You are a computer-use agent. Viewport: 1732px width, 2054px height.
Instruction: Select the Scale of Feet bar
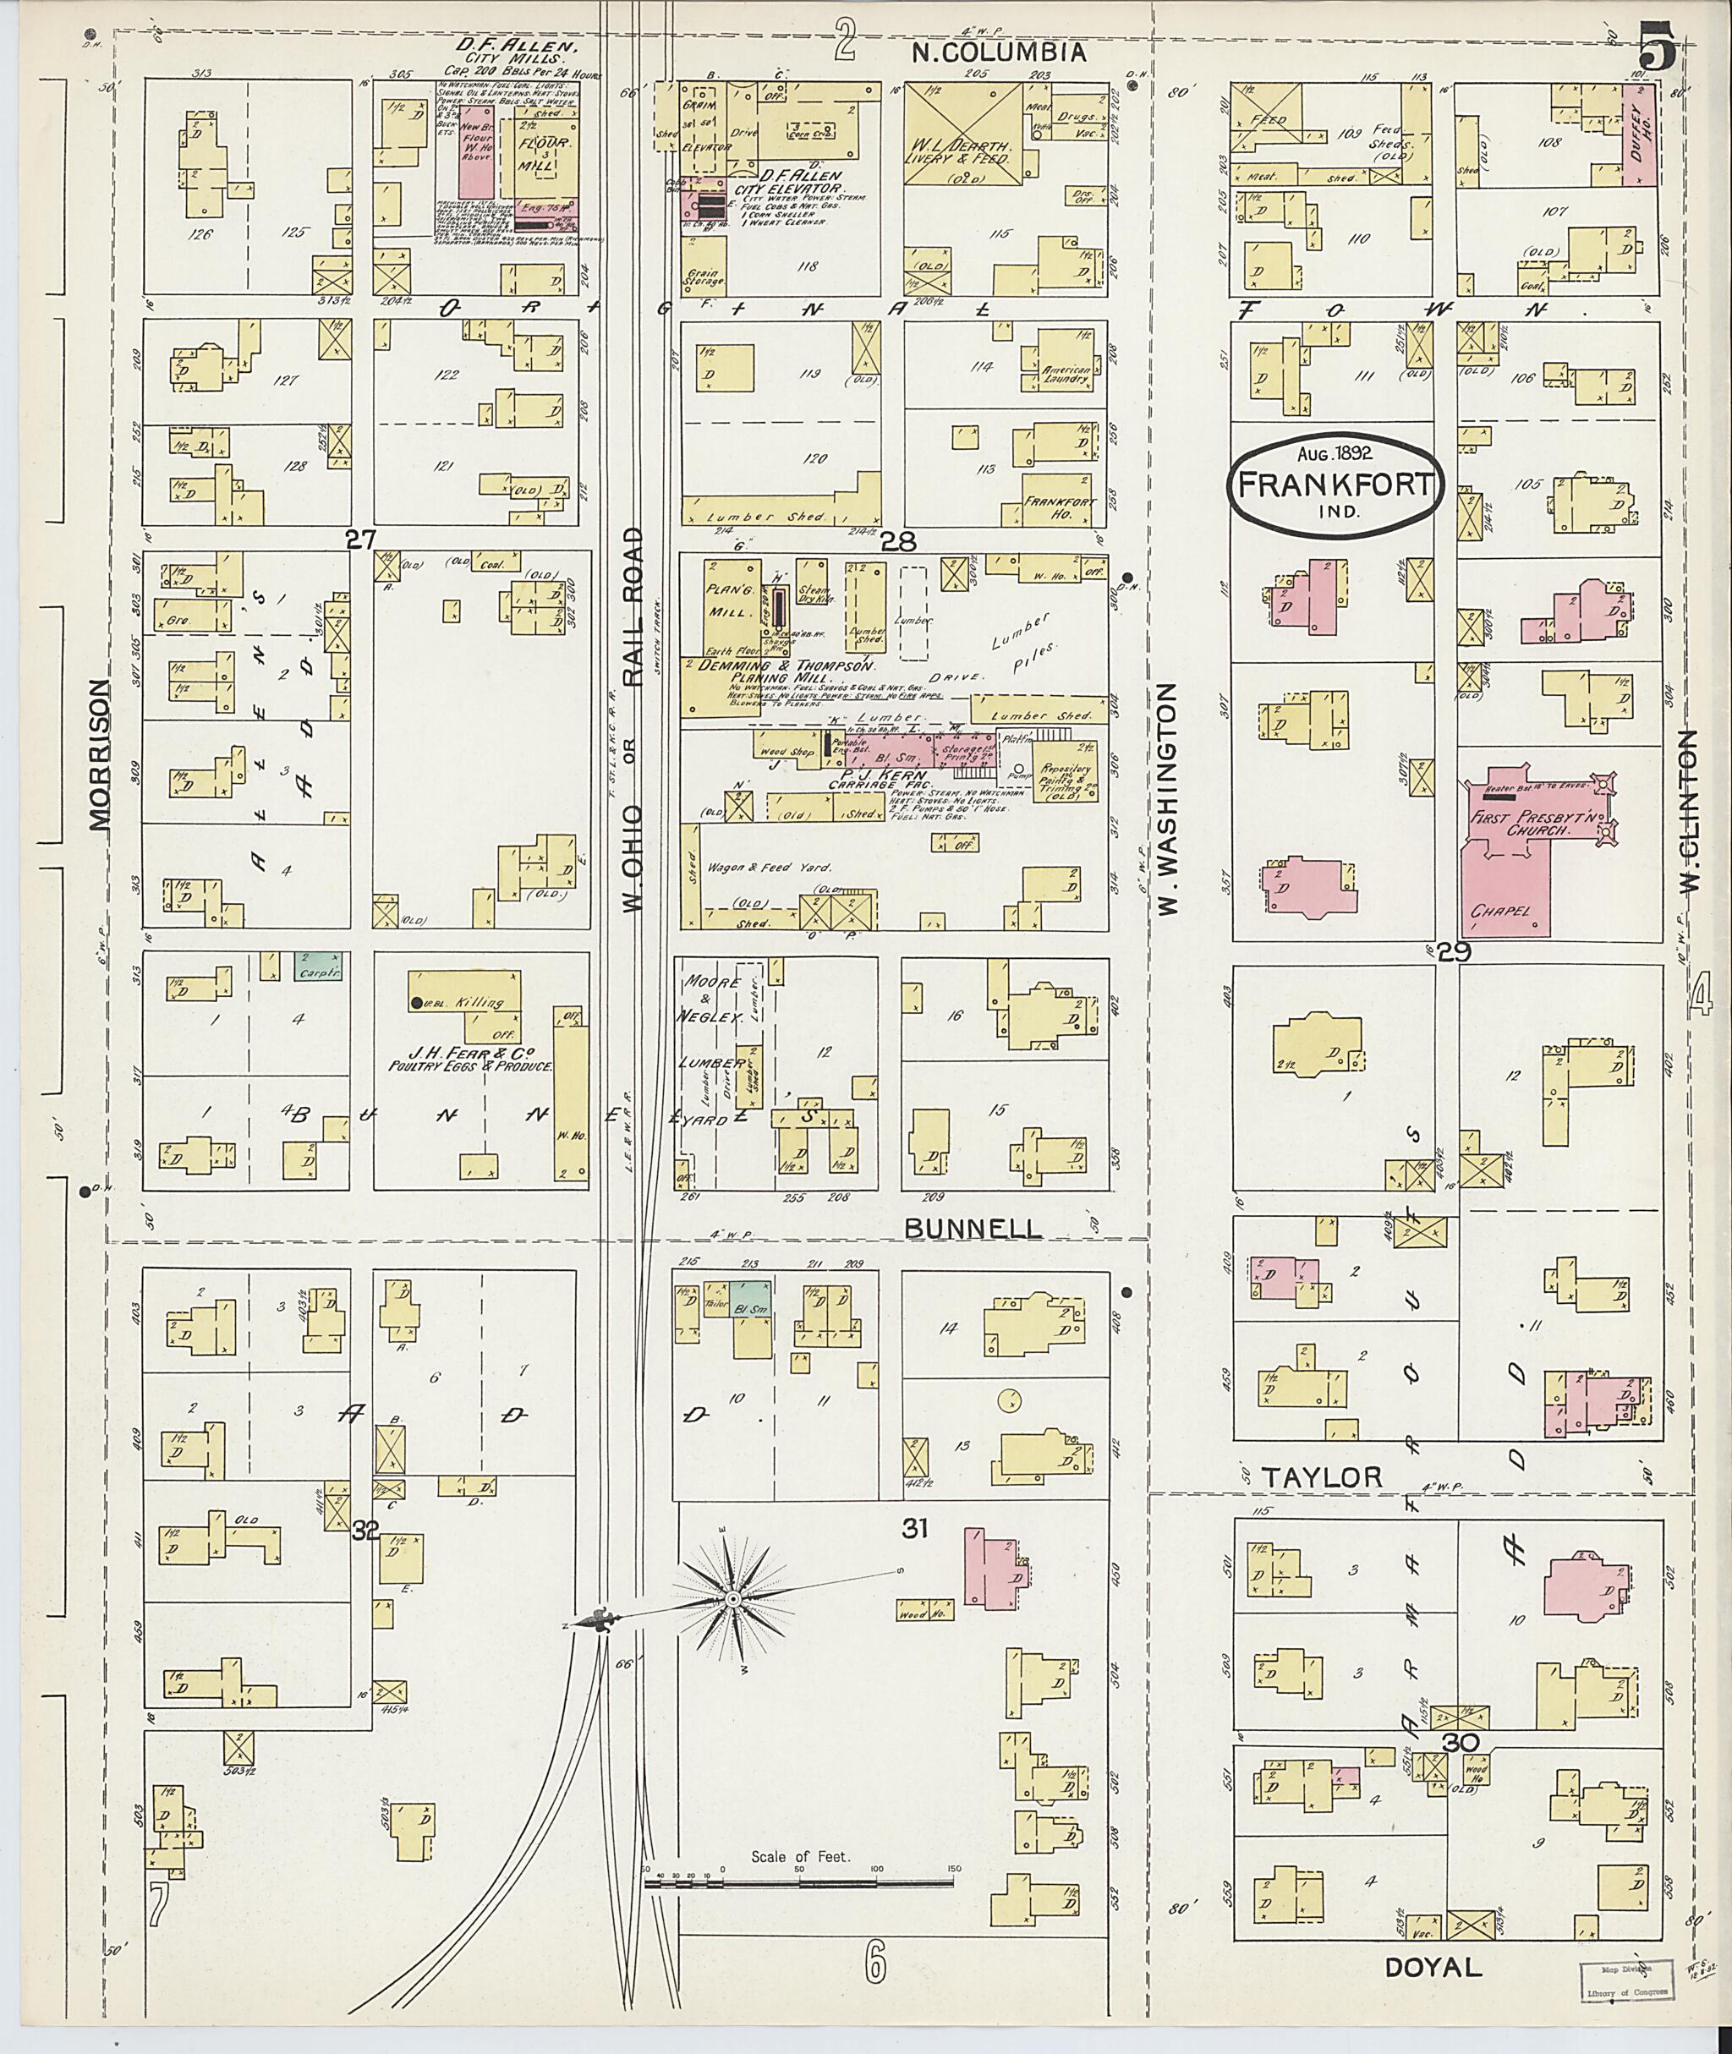[798, 1884]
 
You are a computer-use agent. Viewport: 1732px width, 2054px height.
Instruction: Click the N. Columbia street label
[999, 53]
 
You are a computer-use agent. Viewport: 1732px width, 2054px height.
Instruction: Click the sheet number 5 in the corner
[1658, 47]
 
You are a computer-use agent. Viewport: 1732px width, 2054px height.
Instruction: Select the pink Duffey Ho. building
[1640, 134]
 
